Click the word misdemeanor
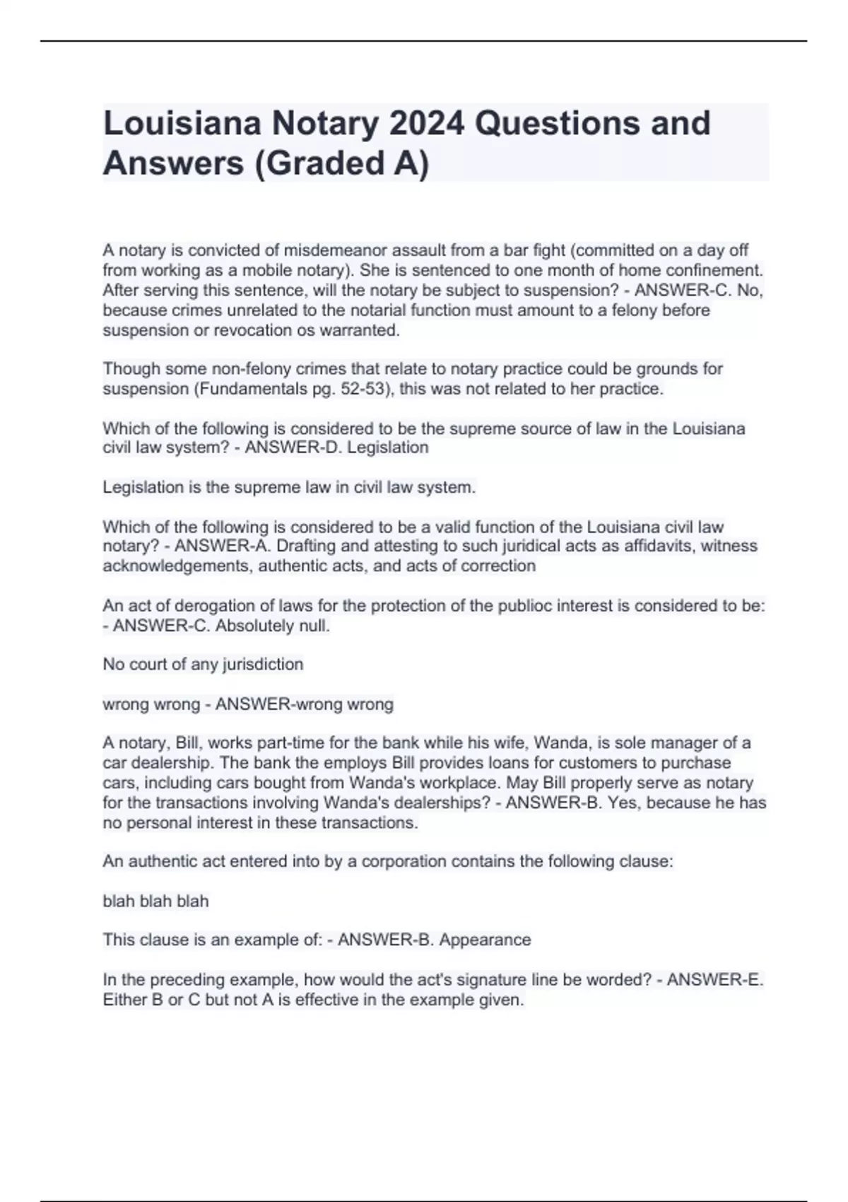tap(329, 250)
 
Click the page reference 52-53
tap(364, 389)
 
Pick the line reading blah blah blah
tap(155, 901)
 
